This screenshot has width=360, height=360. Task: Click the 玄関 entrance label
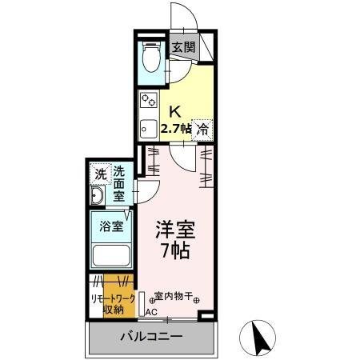point(183,47)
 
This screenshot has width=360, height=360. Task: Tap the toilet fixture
point(150,56)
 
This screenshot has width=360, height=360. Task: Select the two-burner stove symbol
point(149,102)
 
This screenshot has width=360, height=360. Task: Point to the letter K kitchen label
point(174,110)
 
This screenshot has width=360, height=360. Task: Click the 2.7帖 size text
point(176,128)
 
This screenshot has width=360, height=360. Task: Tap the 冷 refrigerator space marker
point(203,128)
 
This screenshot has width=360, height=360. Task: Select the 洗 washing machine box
point(100,174)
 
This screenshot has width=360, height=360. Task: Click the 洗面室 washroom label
point(118,182)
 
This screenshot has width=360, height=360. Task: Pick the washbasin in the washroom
point(98,199)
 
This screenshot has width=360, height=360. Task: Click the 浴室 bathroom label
point(111,226)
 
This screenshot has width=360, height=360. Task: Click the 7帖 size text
point(175,250)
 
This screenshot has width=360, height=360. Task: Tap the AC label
point(151,314)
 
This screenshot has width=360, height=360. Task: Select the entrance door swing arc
point(182,18)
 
